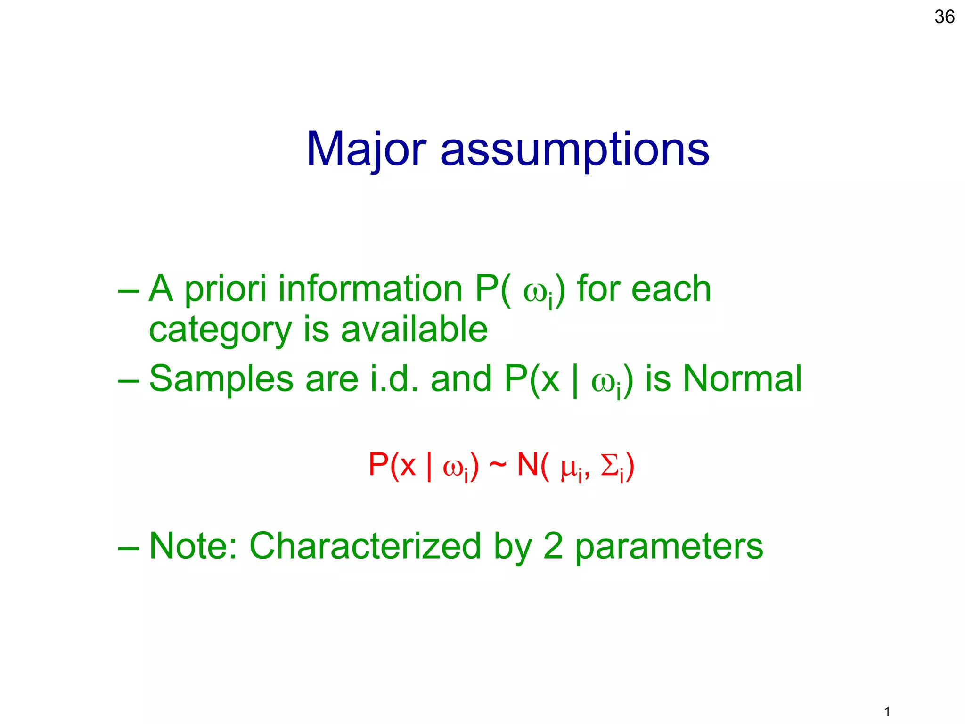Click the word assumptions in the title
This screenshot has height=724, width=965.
coord(574,150)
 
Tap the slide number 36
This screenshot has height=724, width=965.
coord(944,17)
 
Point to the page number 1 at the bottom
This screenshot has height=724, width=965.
coord(887,711)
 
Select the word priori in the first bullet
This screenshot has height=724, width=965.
coord(225,288)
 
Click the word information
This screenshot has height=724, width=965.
coord(370,288)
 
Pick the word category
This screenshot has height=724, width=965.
coord(220,330)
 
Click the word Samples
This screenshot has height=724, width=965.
coord(221,379)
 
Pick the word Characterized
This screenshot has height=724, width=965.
coord(365,546)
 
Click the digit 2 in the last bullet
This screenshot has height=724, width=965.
coord(553,546)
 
